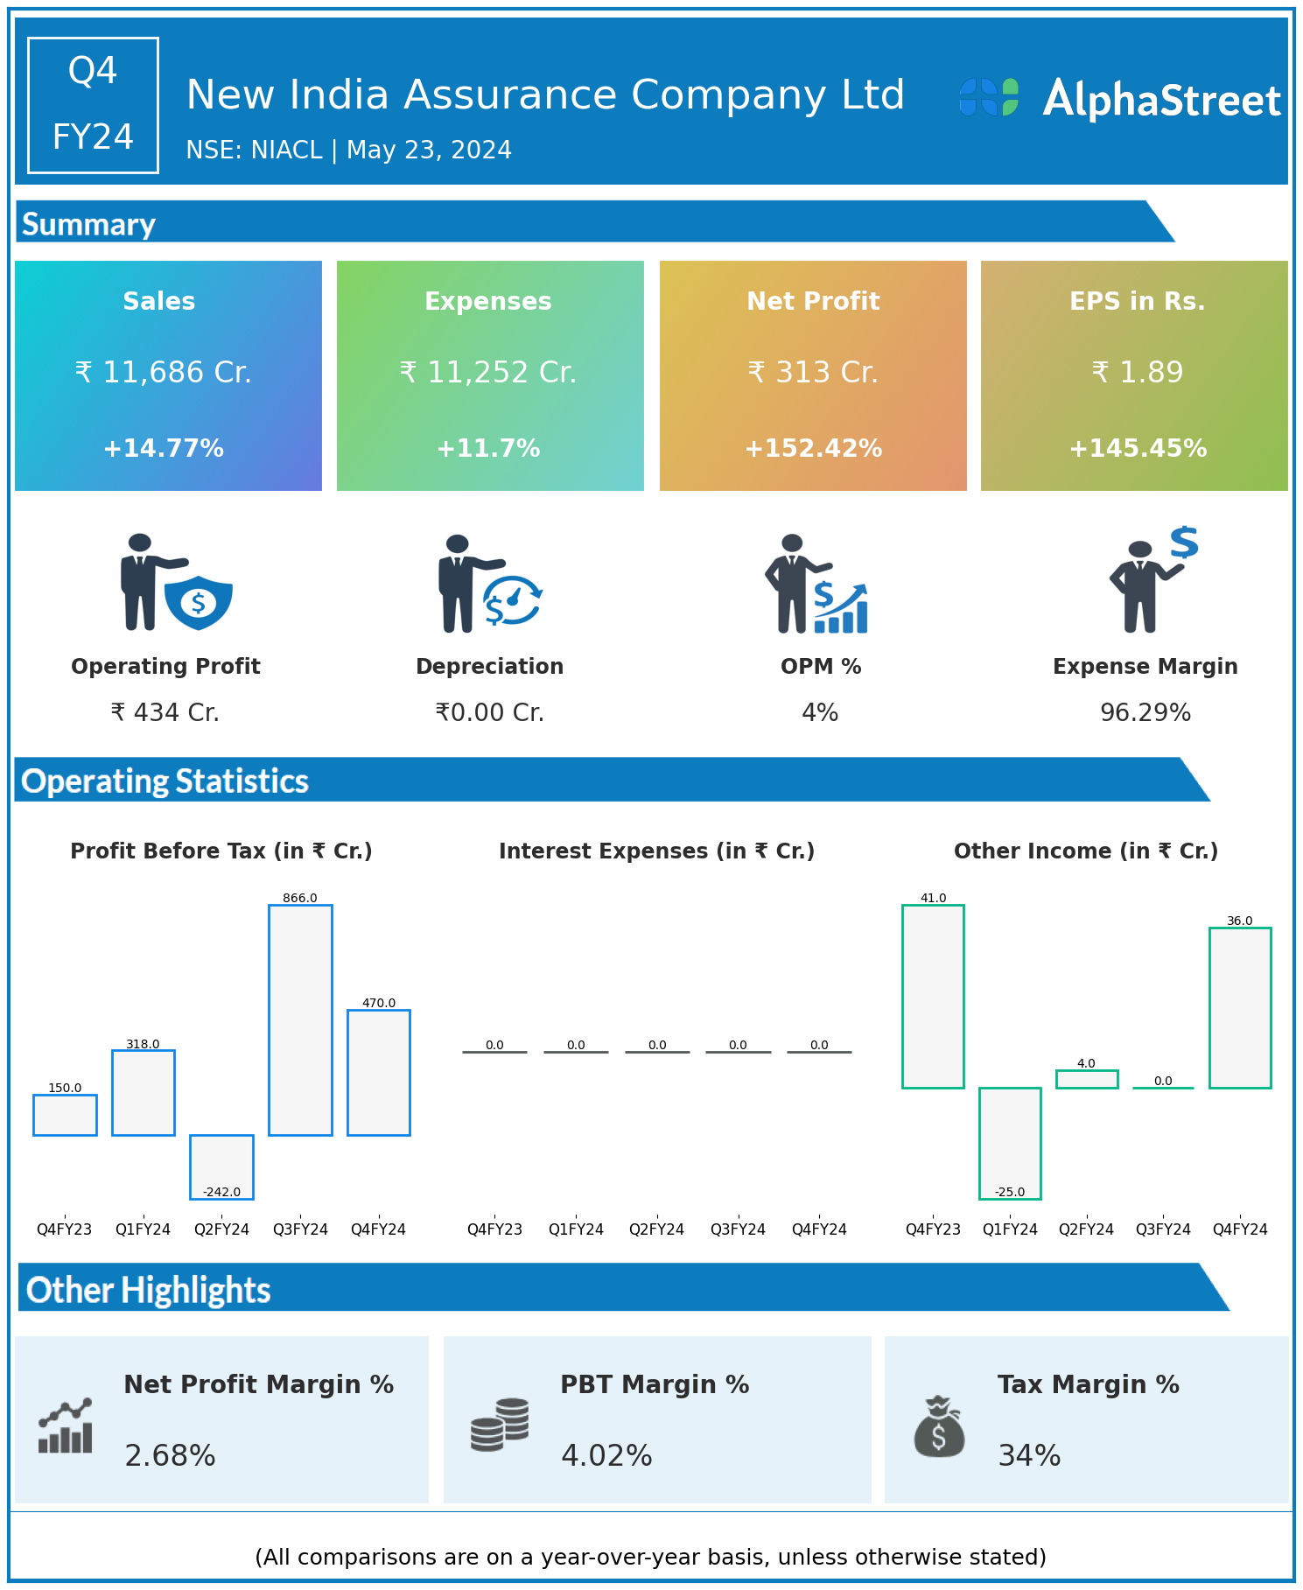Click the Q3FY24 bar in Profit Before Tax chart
pos(300,1019)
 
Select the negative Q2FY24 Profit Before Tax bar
pos(222,1166)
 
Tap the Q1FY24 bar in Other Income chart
pos(1010,1143)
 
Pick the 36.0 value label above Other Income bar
pos(1239,921)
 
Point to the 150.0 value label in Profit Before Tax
pos(65,1088)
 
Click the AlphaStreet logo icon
pos(989,97)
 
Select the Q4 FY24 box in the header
pos(93,105)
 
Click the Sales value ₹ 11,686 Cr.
pos(164,373)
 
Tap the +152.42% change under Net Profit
pos(813,449)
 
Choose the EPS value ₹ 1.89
pos(1138,373)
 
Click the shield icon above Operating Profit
pos(199,602)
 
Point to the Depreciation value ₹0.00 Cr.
pos(490,713)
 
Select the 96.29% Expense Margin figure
pos(1145,713)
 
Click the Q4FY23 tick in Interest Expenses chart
pos(494,1229)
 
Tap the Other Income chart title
pos(1086,851)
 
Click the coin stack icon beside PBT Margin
pos(500,1425)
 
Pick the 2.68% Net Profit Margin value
pos(170,1455)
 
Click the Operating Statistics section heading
pos(165,781)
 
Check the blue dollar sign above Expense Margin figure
pos(1184,543)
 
